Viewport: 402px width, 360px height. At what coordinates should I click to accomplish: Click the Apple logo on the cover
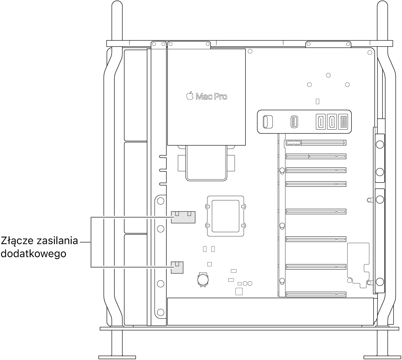pyautogui.click(x=190, y=96)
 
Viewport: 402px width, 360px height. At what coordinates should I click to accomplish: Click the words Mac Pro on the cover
pyautogui.click(x=212, y=97)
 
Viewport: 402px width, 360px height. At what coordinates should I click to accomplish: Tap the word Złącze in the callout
pyautogui.click(x=17, y=241)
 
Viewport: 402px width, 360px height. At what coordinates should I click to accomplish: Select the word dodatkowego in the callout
pyautogui.click(x=34, y=254)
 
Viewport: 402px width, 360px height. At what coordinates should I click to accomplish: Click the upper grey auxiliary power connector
pyautogui.click(x=183, y=217)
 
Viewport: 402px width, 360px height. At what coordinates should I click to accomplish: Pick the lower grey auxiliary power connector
pyautogui.click(x=177, y=268)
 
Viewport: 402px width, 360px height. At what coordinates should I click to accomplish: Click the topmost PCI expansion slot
pyautogui.click(x=316, y=143)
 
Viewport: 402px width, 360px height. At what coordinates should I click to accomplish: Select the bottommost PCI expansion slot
pyautogui.click(x=316, y=294)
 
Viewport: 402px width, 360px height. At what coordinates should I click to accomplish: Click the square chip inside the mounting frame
pyautogui.click(x=225, y=216)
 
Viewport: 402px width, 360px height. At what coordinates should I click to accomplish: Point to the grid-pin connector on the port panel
pyautogui.click(x=343, y=122)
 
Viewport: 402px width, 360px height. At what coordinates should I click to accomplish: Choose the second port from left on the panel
pyautogui.click(x=294, y=122)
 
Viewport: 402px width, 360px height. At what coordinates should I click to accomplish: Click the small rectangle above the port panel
pyautogui.click(x=318, y=101)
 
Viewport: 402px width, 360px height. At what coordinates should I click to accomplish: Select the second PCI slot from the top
pyautogui.click(x=316, y=156)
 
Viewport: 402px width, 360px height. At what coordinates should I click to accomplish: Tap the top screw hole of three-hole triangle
pyautogui.click(x=328, y=75)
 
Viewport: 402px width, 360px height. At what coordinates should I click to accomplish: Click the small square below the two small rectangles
pyautogui.click(x=209, y=264)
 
